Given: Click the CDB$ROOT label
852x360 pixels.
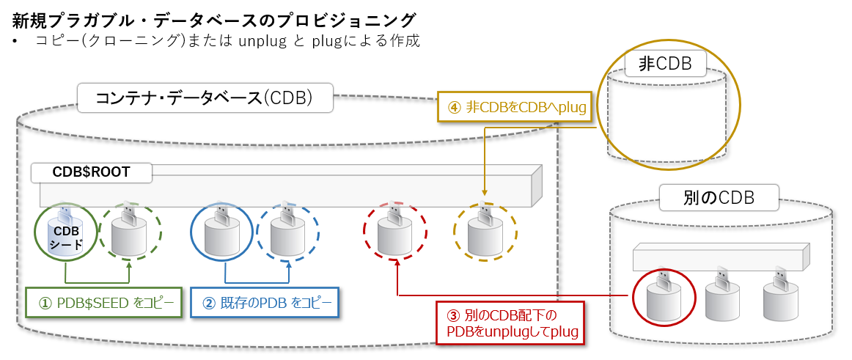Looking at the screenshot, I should tap(92, 172).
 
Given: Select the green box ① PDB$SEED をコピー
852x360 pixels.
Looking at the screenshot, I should tap(102, 301).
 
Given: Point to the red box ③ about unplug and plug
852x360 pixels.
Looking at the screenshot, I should tap(512, 323).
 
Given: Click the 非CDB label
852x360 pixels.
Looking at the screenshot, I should tap(665, 64).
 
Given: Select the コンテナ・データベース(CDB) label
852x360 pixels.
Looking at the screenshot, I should tap(205, 98).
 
